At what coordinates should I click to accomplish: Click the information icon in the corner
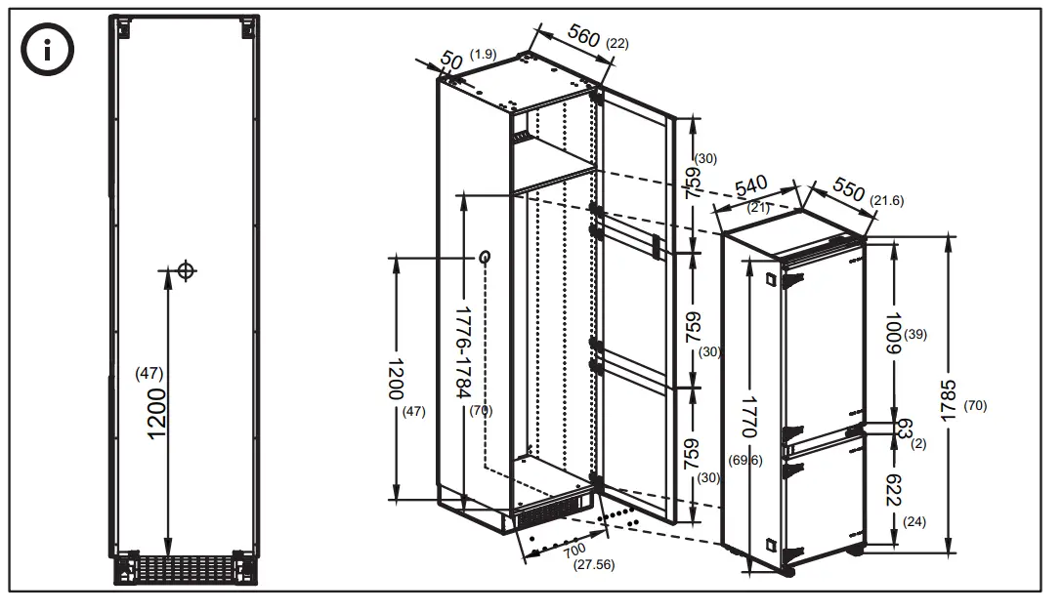pos(49,51)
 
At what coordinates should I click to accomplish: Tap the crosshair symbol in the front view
pos(186,270)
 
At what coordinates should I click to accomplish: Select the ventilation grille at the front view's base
pos(185,569)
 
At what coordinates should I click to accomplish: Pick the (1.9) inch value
pos(484,53)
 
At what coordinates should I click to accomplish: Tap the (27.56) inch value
pos(594,565)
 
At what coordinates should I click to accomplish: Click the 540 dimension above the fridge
pos(752,188)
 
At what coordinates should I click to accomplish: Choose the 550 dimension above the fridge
pos(848,190)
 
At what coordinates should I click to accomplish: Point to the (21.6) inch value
pos(887,201)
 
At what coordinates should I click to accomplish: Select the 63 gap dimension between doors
pos(904,429)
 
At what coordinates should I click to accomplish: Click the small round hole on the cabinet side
pos(485,257)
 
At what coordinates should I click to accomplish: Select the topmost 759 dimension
pos(692,182)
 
